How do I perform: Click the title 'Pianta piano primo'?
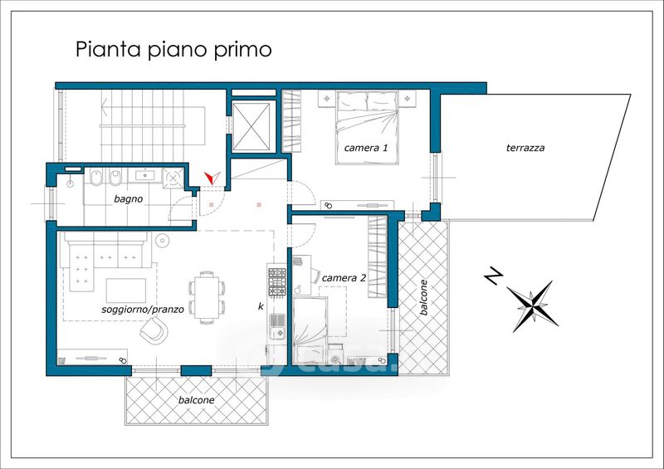click(173, 50)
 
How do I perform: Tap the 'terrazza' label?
click(525, 148)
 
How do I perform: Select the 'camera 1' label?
click(365, 148)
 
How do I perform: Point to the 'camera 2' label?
click(344, 278)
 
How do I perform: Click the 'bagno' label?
click(129, 199)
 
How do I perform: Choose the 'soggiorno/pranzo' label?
click(143, 310)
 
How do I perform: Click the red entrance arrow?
click(212, 178)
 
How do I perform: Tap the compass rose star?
click(533, 305)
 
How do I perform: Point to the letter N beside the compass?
click(493, 276)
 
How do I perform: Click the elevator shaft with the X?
click(251, 127)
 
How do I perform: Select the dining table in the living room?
click(207, 297)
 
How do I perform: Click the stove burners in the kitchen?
click(277, 281)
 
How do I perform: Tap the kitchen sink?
click(277, 325)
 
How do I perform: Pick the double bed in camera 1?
click(367, 128)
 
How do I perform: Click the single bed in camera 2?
click(310, 330)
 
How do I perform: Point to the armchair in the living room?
click(154, 330)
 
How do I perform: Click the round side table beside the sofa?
click(162, 241)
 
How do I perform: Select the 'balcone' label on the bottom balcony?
click(196, 400)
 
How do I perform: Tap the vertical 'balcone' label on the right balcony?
click(423, 297)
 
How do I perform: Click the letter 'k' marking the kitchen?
click(261, 306)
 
